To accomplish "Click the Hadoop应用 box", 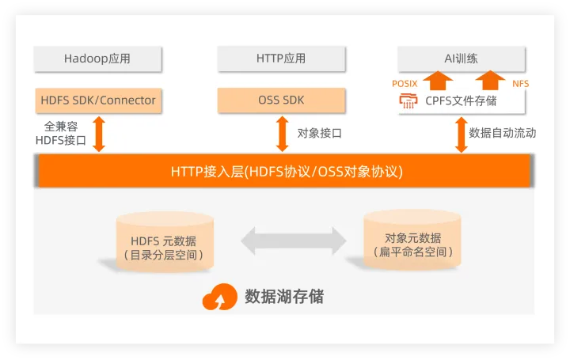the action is click(x=97, y=59).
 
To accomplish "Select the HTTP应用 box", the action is click(x=281, y=59).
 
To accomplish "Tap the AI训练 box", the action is click(x=461, y=59).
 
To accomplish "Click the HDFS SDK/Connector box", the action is click(x=98, y=100).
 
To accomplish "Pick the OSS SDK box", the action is click(x=281, y=100).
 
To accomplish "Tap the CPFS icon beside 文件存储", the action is click(x=408, y=101).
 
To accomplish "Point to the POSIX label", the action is click(x=405, y=83).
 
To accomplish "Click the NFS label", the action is click(x=520, y=83).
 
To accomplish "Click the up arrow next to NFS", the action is click(x=491, y=81).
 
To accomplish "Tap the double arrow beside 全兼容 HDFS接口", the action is click(x=99, y=133).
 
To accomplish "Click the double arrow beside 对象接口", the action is click(x=282, y=133).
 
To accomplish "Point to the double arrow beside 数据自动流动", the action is click(x=460, y=133).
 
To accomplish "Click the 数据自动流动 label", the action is click(x=502, y=133).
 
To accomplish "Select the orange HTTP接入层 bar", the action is click(x=281, y=171).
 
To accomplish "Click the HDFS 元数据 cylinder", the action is click(x=164, y=240).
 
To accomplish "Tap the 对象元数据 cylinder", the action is click(x=412, y=238).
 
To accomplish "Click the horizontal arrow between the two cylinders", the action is click(x=294, y=240).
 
